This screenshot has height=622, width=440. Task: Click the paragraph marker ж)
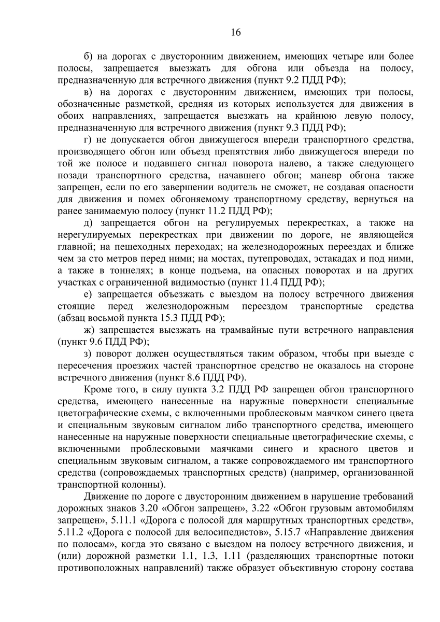[89, 330]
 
